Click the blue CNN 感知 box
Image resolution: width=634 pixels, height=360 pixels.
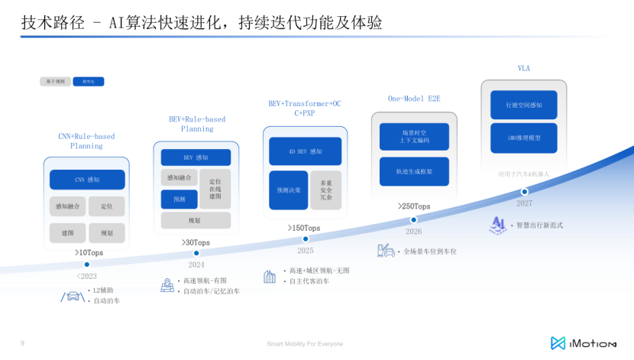(x=87, y=180)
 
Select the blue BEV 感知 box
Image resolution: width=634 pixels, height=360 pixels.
(x=196, y=157)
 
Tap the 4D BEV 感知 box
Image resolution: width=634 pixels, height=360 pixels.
(x=305, y=151)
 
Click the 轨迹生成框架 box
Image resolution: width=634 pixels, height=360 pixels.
(x=414, y=172)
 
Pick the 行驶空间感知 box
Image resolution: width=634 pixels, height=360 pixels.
(x=523, y=105)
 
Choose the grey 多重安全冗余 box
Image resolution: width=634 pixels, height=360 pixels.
(x=326, y=190)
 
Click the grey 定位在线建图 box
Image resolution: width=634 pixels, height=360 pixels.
(x=215, y=189)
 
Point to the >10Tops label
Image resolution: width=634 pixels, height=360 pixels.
(x=89, y=253)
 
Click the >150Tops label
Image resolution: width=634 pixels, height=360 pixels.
(x=304, y=228)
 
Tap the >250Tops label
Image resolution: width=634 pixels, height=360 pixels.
(x=414, y=206)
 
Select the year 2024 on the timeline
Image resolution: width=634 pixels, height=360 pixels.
(x=196, y=265)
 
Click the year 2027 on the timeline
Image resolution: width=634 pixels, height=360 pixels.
(x=524, y=203)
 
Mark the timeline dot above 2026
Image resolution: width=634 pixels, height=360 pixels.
(x=414, y=219)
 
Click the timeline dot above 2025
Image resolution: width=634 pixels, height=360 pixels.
(x=305, y=239)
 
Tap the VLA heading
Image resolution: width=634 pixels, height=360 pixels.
(x=524, y=68)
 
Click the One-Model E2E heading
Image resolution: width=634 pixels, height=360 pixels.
(x=413, y=99)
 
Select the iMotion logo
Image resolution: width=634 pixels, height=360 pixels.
(x=584, y=343)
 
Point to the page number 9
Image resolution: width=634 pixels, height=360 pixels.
(x=22, y=343)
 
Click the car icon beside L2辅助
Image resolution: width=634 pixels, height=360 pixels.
(x=72, y=296)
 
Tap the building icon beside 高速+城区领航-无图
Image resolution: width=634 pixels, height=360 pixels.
(x=270, y=277)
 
